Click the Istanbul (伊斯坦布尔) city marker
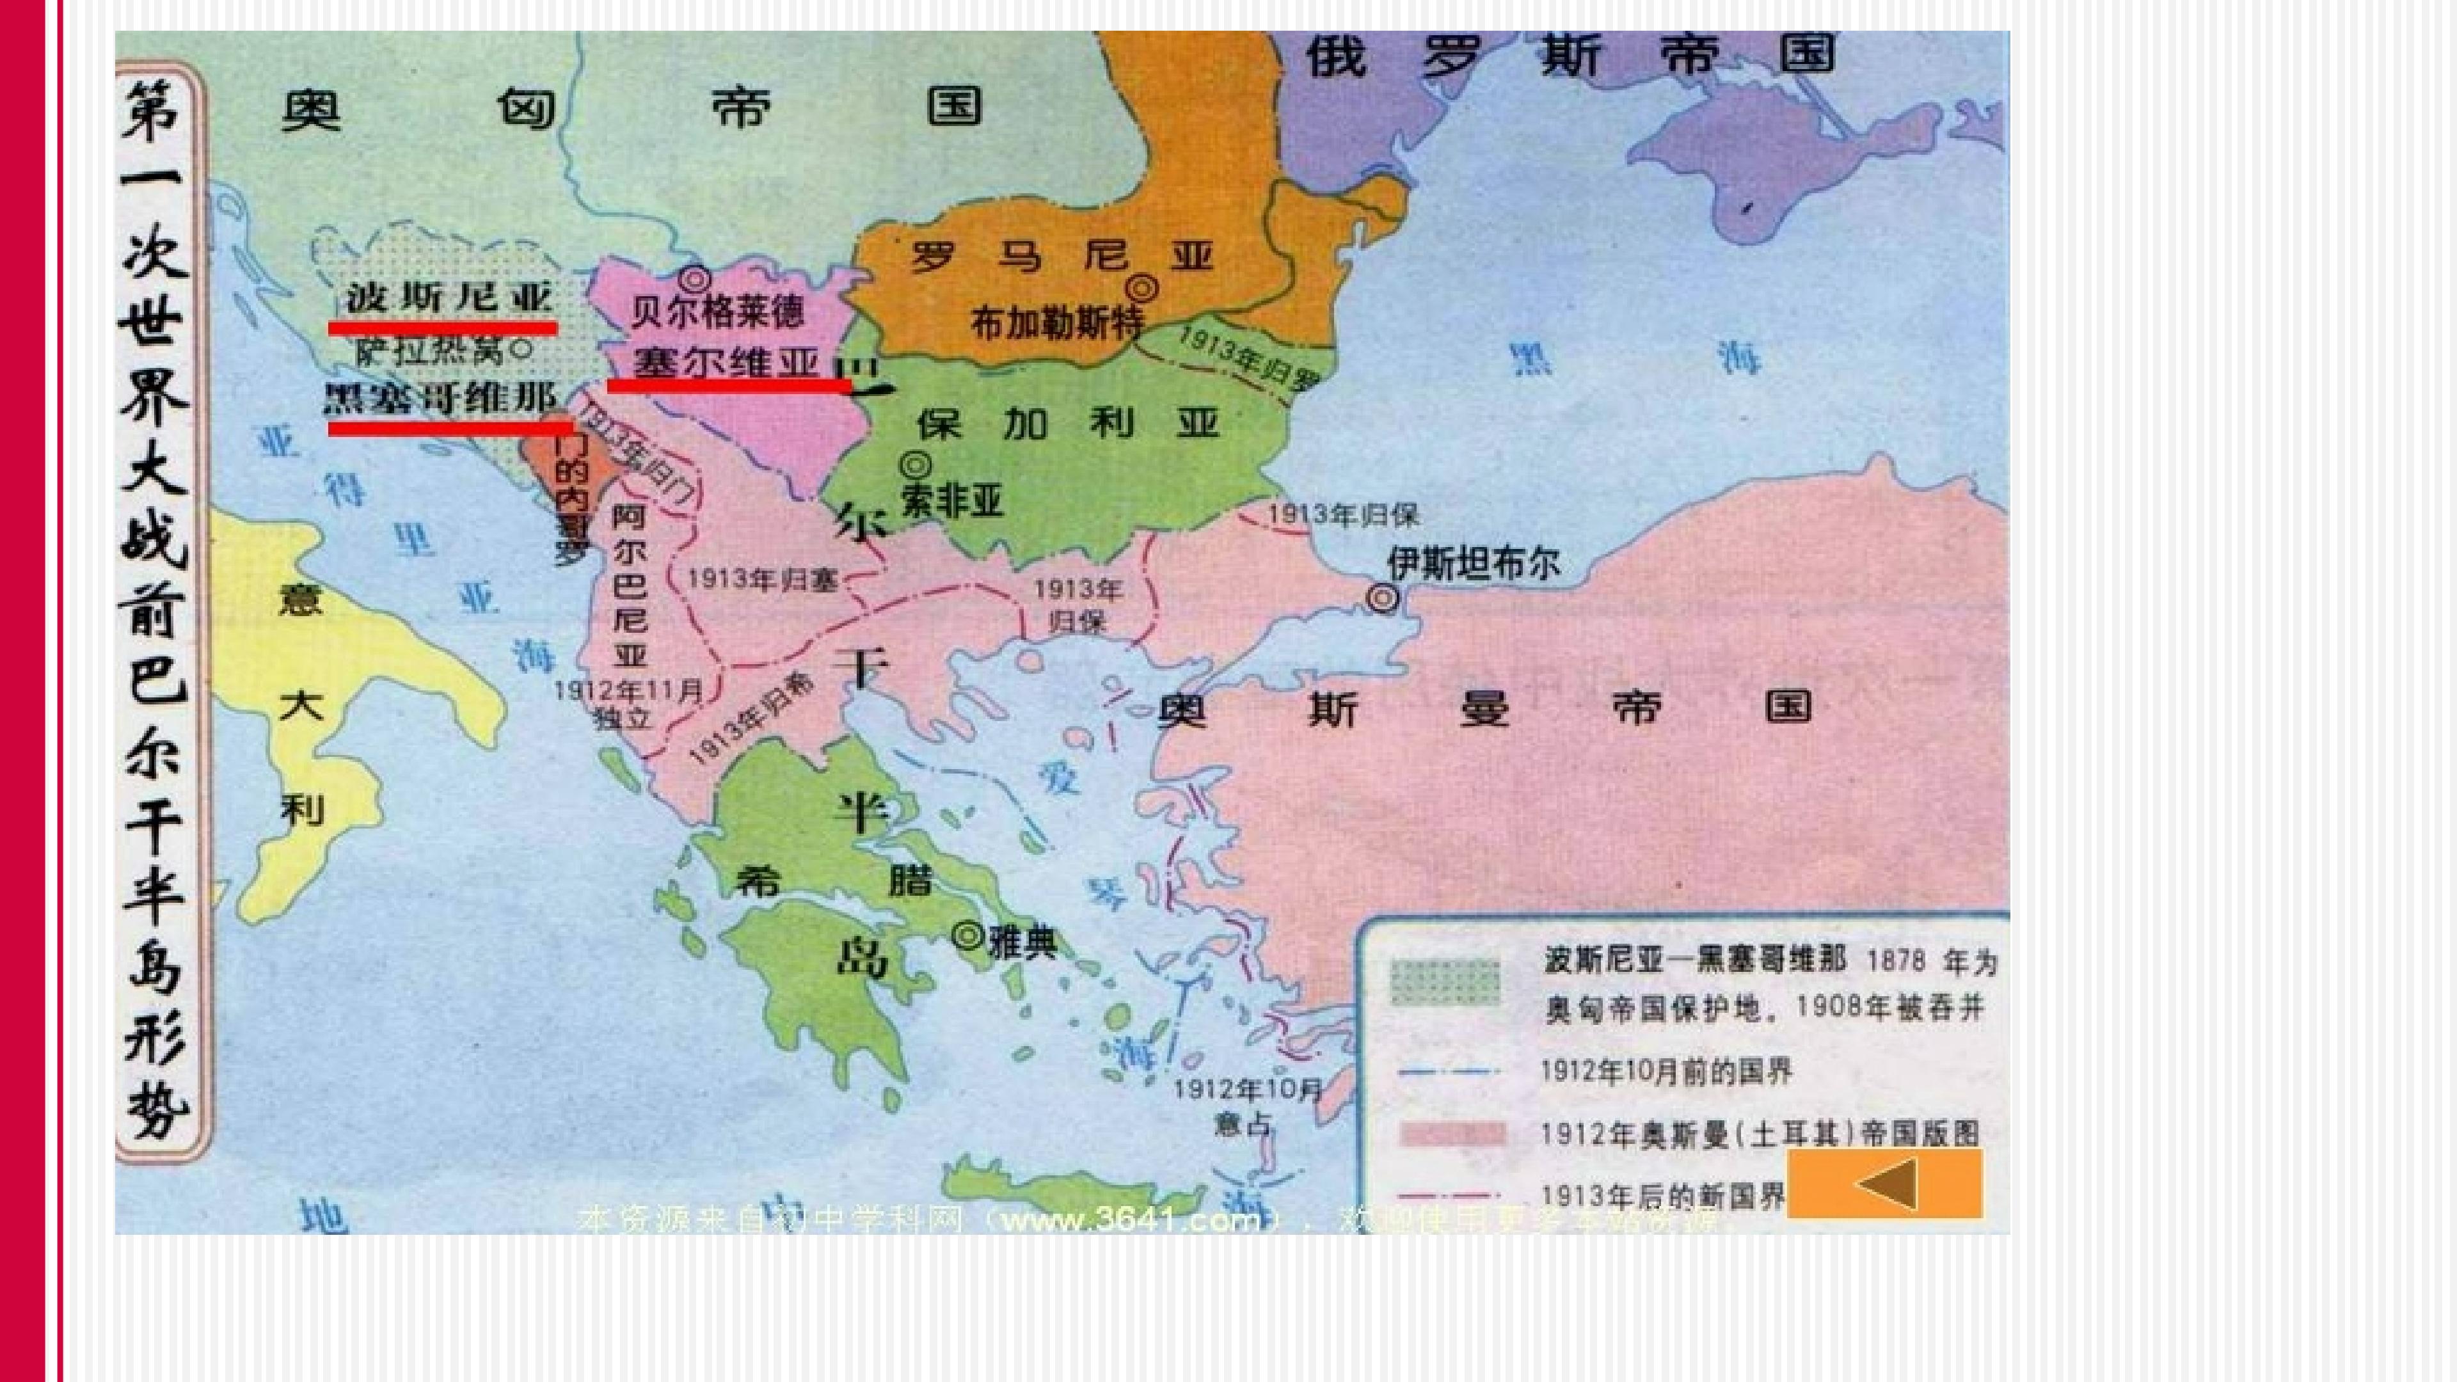point(1383,598)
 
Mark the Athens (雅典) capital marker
point(967,935)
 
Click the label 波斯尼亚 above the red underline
point(449,298)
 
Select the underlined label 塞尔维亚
point(727,362)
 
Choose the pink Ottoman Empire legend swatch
point(1452,1133)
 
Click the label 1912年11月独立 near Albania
point(628,703)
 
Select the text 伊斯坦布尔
point(1474,563)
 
